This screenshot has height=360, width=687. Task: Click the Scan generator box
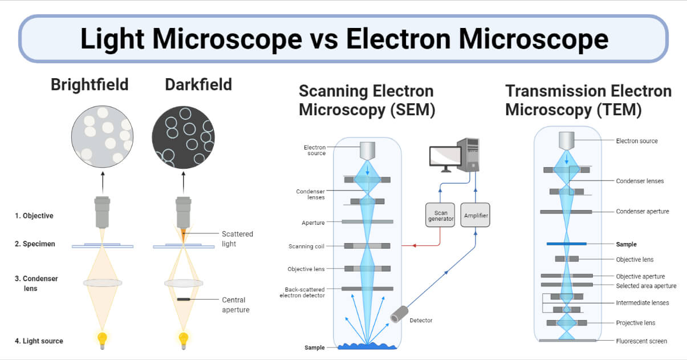[441, 215]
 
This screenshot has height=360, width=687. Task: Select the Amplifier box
[475, 216]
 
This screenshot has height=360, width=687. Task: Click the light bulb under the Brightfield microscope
[102, 340]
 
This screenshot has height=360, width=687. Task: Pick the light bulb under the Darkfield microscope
[184, 340]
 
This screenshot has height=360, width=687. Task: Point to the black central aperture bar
[184, 299]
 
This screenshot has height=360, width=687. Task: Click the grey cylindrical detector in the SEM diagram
[399, 313]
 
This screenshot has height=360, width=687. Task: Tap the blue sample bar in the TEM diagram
[566, 244]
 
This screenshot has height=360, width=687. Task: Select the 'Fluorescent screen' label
[641, 341]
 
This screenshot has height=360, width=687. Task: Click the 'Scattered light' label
[237, 238]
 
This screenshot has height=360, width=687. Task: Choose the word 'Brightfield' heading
[90, 85]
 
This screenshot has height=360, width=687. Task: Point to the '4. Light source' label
[39, 341]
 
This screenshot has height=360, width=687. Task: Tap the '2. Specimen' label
[35, 244]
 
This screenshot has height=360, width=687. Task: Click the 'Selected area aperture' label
[646, 286]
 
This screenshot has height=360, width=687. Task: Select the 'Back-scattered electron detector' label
[302, 292]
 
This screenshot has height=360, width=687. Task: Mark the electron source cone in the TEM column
[566, 141]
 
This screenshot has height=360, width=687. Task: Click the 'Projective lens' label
[636, 323]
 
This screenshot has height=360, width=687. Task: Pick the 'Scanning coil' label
[307, 246]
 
